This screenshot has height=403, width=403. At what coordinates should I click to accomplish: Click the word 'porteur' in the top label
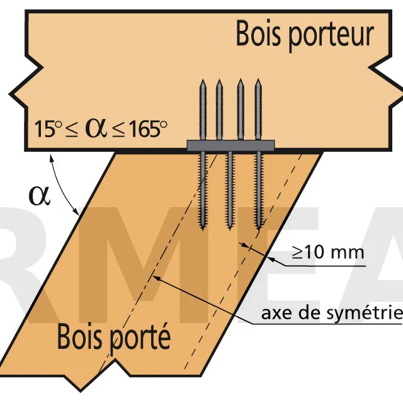331,37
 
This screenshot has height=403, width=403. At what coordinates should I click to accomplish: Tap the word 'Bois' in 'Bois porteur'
258,33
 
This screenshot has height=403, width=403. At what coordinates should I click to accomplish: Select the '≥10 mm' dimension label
328,253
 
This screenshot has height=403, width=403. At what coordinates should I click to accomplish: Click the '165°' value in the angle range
147,129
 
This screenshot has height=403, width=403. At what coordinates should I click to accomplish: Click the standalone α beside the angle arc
39,196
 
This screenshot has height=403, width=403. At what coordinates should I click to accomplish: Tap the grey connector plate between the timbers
230,145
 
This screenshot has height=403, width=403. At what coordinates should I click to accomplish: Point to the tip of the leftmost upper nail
203,79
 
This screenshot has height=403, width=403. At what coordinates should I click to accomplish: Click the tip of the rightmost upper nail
258,79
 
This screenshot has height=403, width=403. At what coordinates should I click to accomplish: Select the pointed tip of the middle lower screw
229,229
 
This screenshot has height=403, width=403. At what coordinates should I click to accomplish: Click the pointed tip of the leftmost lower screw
203,230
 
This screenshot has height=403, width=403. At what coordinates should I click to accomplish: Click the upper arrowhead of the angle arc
52,157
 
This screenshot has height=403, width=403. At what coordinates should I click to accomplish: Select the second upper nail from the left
219,110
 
